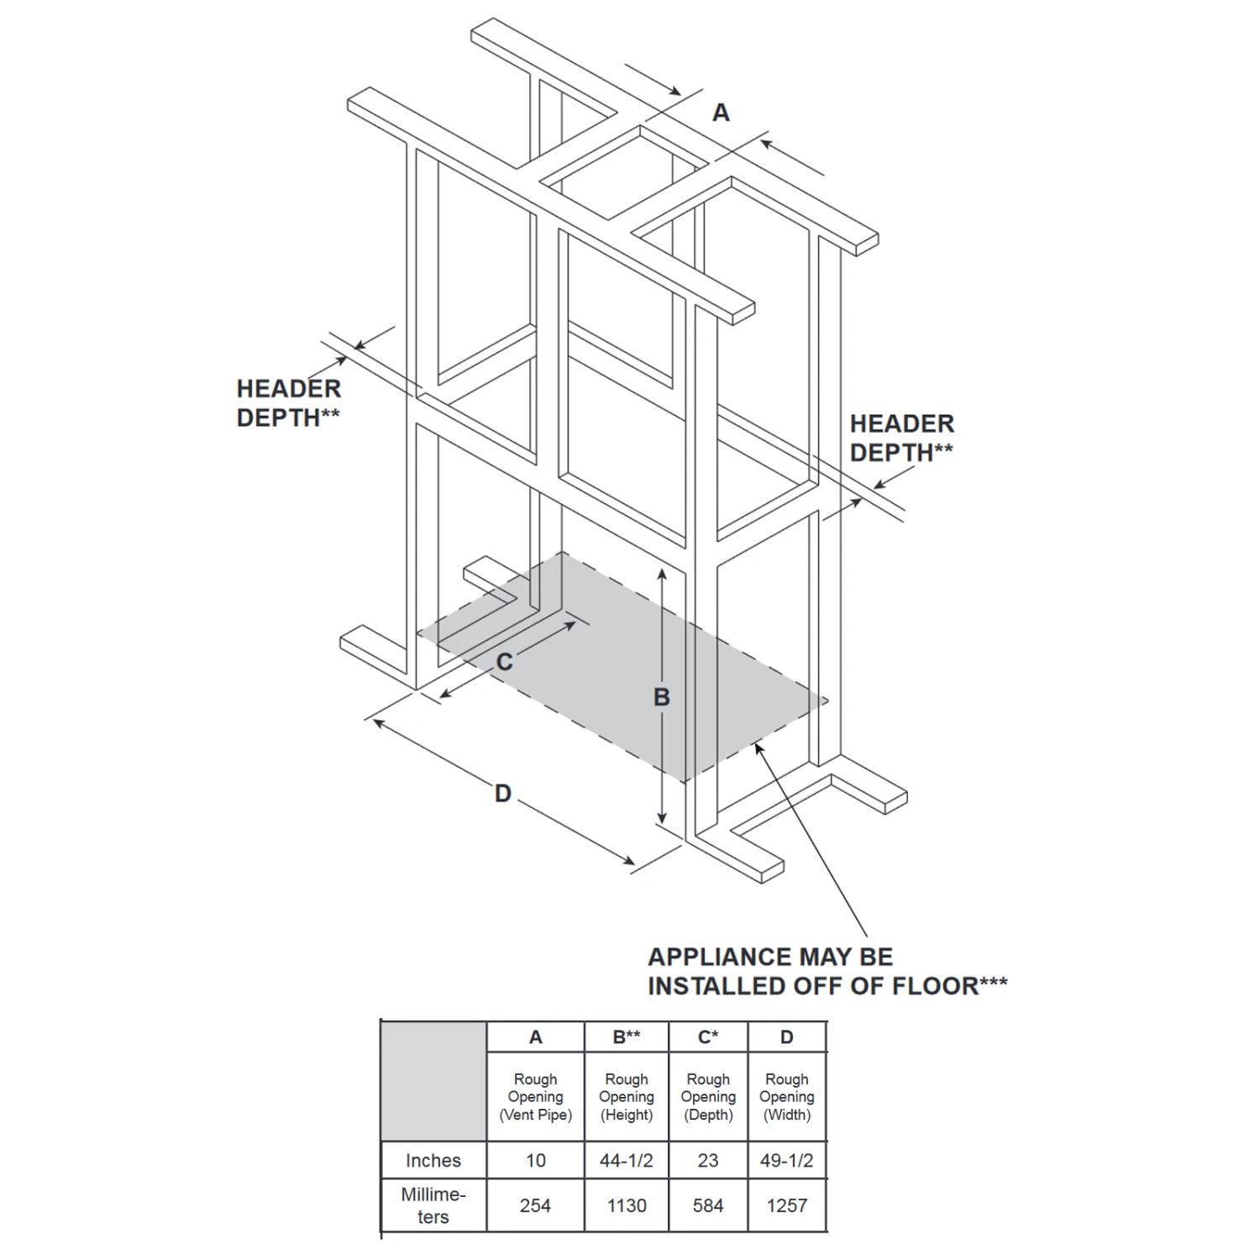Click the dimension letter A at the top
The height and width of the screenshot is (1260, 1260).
(x=721, y=113)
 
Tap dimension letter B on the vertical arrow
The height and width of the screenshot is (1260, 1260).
(x=662, y=697)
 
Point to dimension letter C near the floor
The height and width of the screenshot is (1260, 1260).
(x=504, y=663)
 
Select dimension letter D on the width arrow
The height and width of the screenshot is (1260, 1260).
(x=502, y=794)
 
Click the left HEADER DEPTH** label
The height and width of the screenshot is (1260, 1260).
(x=289, y=403)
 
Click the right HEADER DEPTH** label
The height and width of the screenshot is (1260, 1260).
(x=902, y=438)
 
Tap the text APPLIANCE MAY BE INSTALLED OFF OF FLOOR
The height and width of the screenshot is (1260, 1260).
(x=827, y=971)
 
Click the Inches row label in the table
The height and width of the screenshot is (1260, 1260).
(x=433, y=1160)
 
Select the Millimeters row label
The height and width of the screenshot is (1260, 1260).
(x=433, y=1205)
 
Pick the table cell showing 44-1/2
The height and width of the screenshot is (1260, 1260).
(x=627, y=1160)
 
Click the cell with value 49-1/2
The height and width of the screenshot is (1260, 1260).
(x=787, y=1160)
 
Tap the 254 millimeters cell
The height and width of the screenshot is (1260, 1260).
(x=535, y=1205)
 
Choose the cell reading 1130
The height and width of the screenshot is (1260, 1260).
(x=627, y=1205)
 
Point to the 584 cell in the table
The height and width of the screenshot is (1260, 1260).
(x=708, y=1205)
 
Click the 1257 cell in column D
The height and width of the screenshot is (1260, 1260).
(x=787, y=1205)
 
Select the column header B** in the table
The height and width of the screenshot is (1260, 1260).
(x=627, y=1037)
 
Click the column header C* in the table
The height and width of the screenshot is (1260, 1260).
(x=708, y=1037)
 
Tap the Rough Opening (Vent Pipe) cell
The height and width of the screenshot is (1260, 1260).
(x=535, y=1097)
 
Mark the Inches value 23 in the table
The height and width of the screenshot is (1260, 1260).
(x=708, y=1160)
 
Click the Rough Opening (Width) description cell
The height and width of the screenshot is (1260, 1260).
(x=787, y=1097)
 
